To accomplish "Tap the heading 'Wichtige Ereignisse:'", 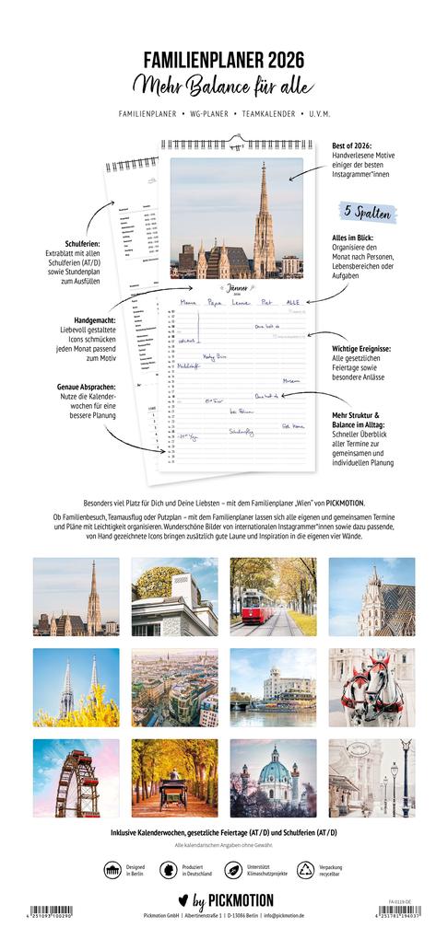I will pos(362,349).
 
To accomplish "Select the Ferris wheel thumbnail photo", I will pos(76,778).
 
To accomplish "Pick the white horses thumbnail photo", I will pos(371,687).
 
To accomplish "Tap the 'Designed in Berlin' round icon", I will pos(112,870).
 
